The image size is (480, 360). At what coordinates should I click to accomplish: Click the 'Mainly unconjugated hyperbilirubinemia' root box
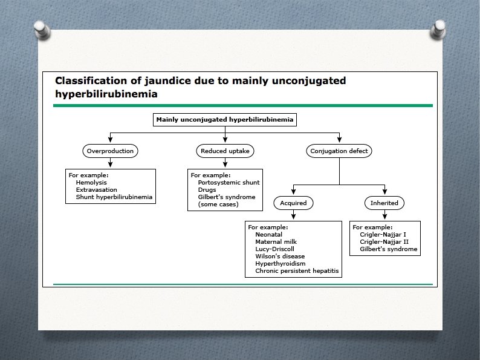click(225, 120)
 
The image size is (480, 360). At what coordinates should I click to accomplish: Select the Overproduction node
click(109, 151)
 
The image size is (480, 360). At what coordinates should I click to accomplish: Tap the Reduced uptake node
click(225, 151)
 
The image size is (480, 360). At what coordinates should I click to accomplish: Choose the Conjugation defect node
click(339, 151)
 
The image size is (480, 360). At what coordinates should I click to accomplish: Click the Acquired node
click(293, 203)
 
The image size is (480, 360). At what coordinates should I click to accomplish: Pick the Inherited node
click(384, 203)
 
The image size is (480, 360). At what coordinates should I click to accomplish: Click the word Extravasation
click(97, 189)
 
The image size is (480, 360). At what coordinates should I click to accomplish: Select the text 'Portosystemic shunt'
click(226, 182)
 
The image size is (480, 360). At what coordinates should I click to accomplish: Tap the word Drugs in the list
click(207, 189)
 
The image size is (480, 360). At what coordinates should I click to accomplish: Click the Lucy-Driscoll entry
click(276, 249)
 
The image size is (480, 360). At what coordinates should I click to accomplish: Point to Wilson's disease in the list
click(280, 257)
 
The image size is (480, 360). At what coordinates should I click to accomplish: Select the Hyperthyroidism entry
click(280, 264)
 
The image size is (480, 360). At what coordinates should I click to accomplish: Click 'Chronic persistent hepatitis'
click(297, 271)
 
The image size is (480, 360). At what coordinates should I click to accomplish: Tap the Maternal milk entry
click(276, 242)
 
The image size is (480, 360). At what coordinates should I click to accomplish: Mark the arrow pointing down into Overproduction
click(109, 140)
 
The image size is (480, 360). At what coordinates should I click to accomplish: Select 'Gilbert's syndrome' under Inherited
click(388, 249)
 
